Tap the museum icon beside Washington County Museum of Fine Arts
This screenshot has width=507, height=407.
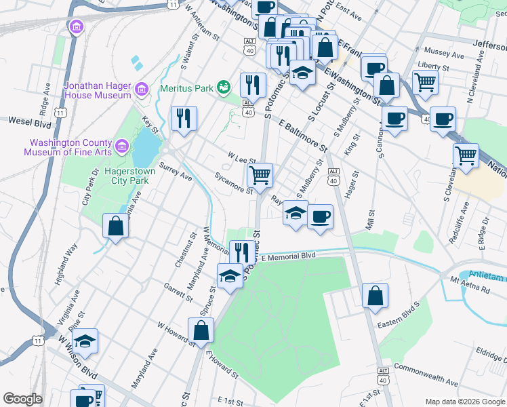(122, 144)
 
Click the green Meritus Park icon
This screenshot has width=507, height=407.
(224, 88)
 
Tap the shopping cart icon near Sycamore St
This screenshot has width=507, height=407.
(260, 176)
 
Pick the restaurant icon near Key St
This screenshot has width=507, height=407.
(183, 118)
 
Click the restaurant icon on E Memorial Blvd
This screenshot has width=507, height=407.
(242, 252)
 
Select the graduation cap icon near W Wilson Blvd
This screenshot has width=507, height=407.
(85, 341)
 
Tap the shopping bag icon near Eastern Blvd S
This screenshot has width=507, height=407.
(375, 296)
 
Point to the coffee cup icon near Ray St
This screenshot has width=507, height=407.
(320, 217)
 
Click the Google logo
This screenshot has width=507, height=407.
(23, 399)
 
